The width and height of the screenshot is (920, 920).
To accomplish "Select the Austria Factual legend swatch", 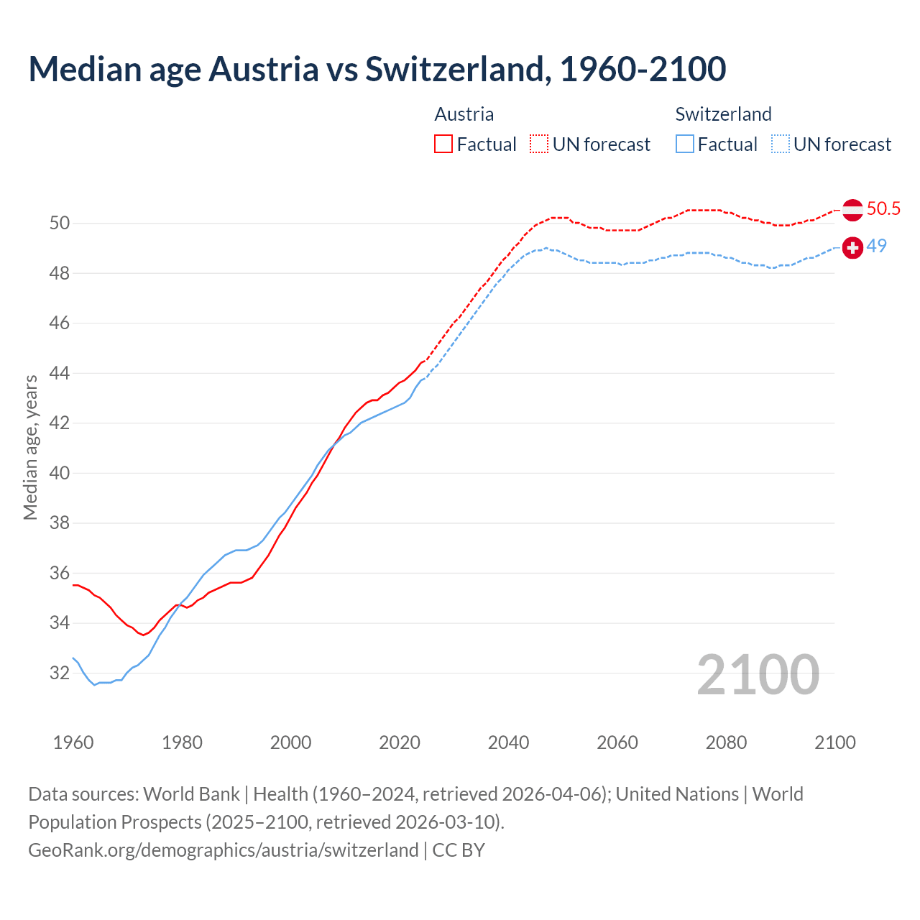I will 443,144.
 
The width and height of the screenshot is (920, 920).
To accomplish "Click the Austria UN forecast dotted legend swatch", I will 539,144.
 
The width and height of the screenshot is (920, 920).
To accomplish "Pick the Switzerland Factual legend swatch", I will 685,144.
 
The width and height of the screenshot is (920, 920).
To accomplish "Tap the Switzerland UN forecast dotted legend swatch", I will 781,144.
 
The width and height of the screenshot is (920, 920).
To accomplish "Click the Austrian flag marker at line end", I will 852,210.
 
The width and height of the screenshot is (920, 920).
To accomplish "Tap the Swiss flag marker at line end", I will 852,248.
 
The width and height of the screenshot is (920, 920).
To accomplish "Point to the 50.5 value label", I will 883,209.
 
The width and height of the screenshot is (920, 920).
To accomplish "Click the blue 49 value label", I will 876,246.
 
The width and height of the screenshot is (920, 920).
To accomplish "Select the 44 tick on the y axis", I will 60,373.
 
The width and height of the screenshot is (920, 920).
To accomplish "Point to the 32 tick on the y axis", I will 60,673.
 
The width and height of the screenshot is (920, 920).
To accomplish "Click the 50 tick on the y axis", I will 60,224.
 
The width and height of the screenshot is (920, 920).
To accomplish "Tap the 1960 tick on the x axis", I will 73,742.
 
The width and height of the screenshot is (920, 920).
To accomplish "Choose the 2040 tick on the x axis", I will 508,742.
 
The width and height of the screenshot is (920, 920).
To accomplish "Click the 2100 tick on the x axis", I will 834,742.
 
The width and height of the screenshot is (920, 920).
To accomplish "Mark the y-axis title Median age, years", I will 30,447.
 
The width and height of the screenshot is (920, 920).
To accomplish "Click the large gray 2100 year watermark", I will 758,675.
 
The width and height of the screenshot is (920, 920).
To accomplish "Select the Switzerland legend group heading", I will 723,114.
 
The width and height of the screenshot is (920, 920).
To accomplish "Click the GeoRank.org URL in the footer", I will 223,850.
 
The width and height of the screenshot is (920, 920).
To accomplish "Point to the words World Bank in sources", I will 191,794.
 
